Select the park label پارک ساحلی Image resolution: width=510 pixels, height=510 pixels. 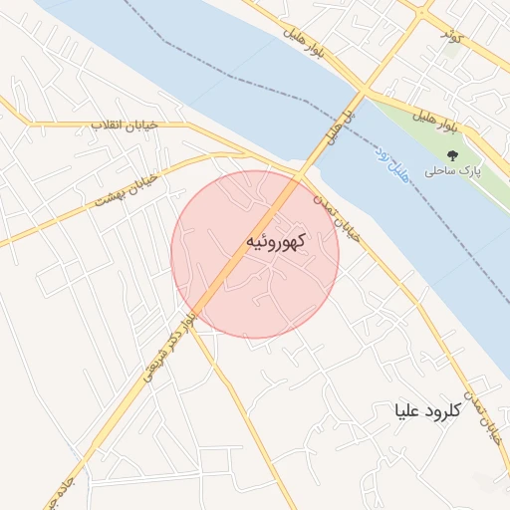pyautogui.click(x=452, y=171)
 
